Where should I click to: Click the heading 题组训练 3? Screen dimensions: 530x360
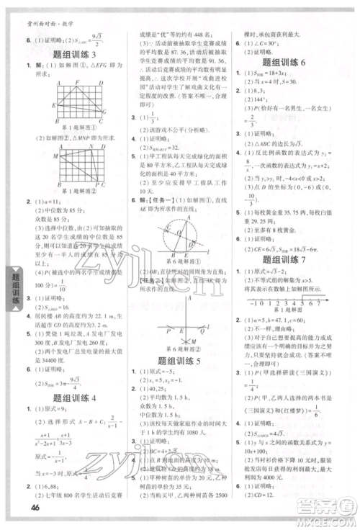coord(70,54)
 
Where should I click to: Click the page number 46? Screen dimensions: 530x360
coord(35,512)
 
